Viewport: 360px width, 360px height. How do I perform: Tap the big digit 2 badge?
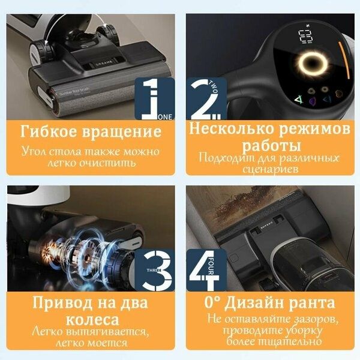(x=205, y=97)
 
